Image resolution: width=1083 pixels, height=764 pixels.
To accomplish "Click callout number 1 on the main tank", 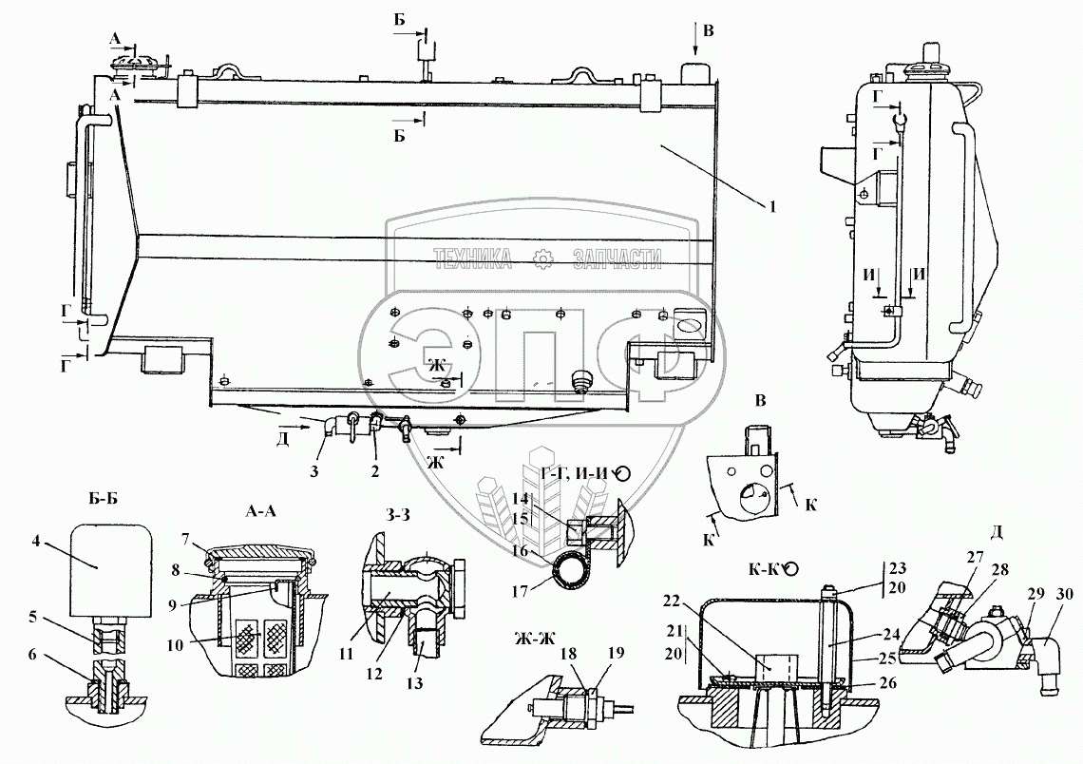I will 774,204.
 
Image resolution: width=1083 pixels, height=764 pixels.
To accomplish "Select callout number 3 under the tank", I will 326,468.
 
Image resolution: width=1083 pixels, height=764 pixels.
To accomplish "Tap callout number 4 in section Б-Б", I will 36,542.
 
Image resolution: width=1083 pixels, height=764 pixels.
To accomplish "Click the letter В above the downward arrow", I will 707,31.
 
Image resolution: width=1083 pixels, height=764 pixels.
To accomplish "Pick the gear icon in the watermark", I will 542,257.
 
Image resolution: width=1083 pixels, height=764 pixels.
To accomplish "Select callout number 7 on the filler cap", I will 186,539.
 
